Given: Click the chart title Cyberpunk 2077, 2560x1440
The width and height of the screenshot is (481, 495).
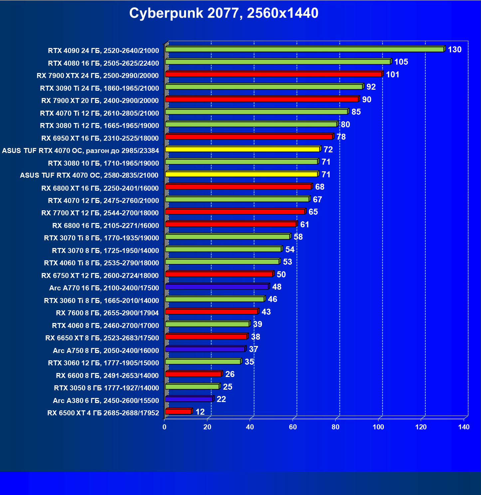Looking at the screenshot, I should click(x=224, y=13).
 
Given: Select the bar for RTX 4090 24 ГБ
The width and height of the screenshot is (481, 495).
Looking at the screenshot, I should click(x=304, y=49).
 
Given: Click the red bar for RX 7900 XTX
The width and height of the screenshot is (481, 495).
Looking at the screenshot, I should click(x=273, y=74).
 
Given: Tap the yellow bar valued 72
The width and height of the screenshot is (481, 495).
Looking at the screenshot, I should click(x=242, y=149).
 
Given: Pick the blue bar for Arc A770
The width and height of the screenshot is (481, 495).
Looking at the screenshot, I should click(x=217, y=287).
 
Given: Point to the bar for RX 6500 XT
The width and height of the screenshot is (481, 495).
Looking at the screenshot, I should click(x=178, y=412).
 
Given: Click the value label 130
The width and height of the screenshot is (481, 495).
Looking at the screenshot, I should click(x=454, y=50).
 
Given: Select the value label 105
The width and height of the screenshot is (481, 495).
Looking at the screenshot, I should click(x=401, y=62).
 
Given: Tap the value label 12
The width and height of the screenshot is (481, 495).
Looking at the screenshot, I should click(x=200, y=412).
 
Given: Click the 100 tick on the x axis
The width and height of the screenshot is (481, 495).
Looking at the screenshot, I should click(x=378, y=427).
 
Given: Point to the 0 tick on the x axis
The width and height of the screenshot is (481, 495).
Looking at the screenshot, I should click(x=164, y=427).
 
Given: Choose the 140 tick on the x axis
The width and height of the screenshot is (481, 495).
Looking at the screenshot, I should click(x=464, y=427).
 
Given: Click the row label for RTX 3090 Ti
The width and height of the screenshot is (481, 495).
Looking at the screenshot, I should click(x=99, y=88).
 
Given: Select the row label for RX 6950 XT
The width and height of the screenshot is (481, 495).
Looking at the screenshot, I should click(x=100, y=138).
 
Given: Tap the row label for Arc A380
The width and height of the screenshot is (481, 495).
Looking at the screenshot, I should click(x=106, y=401).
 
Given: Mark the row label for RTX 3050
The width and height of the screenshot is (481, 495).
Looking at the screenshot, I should click(x=106, y=388).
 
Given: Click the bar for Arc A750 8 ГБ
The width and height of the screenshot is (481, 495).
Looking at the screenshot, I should click(x=205, y=349).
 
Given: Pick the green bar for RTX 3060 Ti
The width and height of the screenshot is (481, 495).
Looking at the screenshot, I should click(x=215, y=299).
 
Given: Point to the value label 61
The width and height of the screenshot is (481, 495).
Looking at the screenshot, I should click(x=305, y=225).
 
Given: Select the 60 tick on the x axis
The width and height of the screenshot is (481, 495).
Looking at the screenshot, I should click(x=293, y=427).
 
